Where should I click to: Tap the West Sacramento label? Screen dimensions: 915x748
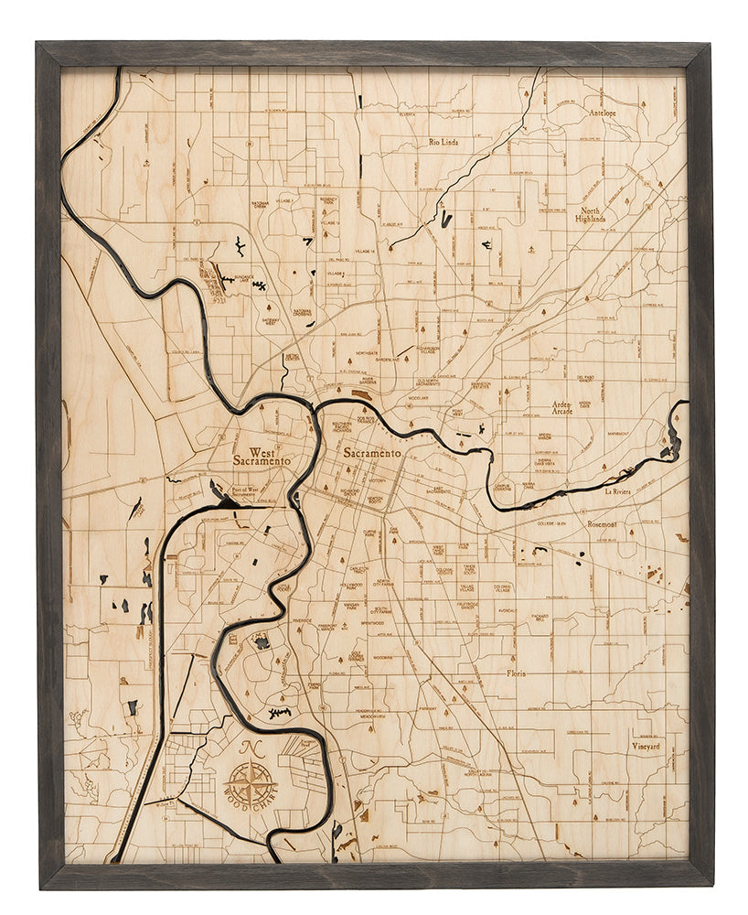(262, 457)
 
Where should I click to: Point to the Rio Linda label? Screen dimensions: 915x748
(443, 143)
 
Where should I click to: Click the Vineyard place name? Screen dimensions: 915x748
(646, 746)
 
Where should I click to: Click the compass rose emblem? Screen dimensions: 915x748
(248, 783)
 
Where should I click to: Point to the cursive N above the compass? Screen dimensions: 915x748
(249, 748)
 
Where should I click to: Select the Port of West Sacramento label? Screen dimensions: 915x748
(240, 494)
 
